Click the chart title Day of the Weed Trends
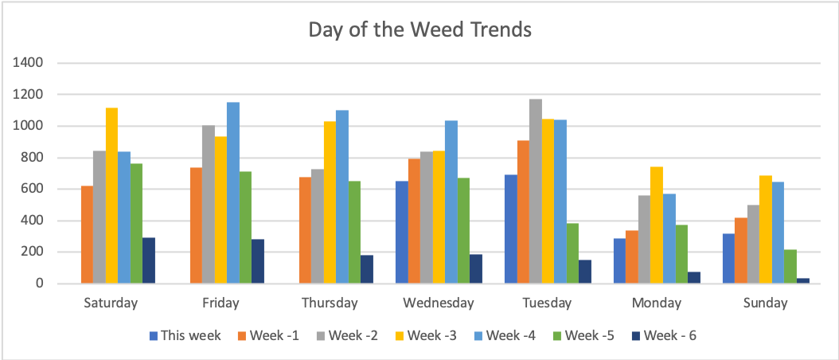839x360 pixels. pos(419,31)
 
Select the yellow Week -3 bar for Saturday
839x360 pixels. pos(111,195)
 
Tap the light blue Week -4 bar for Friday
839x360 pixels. pos(233,193)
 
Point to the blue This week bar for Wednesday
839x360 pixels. pos(402,232)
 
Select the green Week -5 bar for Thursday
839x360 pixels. pos(354,232)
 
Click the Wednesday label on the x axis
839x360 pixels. pos(439,303)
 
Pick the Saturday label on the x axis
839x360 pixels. pos(111,303)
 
